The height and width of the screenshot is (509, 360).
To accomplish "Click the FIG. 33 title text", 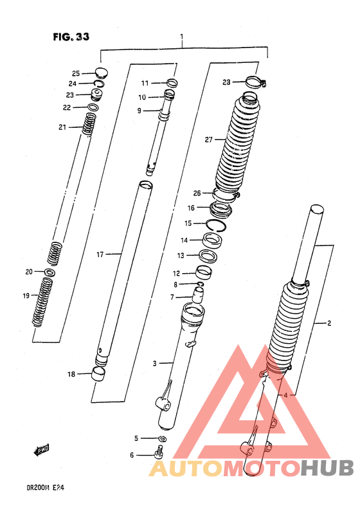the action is click(71, 37).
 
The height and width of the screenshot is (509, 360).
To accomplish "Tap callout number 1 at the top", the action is click(182, 36).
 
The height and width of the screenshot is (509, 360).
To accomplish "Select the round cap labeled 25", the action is click(102, 73).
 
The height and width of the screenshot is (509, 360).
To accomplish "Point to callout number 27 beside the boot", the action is click(208, 139).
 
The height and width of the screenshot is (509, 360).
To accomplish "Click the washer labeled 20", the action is click(49, 272).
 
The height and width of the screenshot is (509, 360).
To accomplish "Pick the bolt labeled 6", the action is click(158, 452).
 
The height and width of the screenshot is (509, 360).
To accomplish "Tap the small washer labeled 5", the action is click(162, 439).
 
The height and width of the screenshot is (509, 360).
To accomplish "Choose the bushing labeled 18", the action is click(98, 373).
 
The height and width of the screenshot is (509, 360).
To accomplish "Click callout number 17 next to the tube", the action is click(100, 254).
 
